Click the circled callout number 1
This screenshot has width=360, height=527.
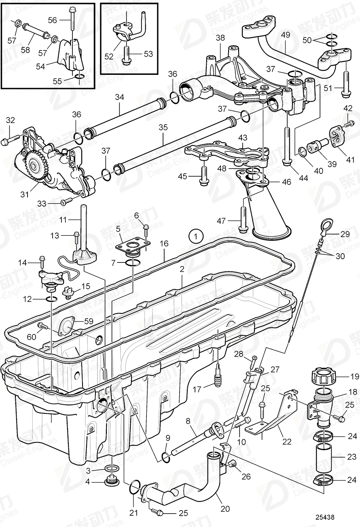[x=196, y=235]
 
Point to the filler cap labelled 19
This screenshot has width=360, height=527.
[x=324, y=376]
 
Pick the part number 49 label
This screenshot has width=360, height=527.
[x=286, y=35]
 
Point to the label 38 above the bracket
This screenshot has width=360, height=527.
[x=220, y=38]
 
